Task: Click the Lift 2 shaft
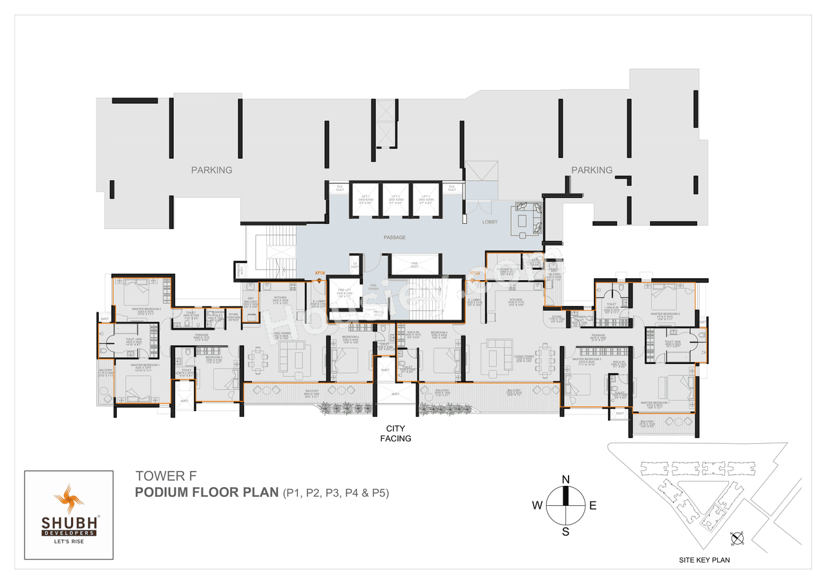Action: (395, 199)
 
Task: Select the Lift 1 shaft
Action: (365, 199)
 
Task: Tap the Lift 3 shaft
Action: (425, 199)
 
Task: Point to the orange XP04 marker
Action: (319, 274)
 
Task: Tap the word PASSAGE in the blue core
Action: (394, 237)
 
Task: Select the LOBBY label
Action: (490, 222)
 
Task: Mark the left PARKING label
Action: (211, 170)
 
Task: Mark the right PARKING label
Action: (591, 170)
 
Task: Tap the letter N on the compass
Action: (565, 479)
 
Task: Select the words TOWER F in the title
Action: (160, 476)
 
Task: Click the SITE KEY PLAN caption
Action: (704, 560)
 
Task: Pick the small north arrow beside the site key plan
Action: (737, 537)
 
